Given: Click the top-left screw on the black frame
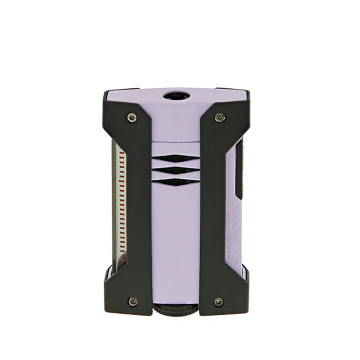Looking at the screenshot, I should (132, 117).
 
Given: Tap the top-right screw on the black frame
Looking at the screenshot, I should (220, 117).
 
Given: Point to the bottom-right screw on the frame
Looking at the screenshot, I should (218, 301).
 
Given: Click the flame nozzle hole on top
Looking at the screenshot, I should (176, 96).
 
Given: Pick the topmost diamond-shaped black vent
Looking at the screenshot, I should (176, 158).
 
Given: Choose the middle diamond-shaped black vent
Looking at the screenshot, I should (176, 170).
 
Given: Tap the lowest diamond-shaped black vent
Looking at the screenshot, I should (176, 182).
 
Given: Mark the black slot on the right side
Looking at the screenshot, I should (239, 168).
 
